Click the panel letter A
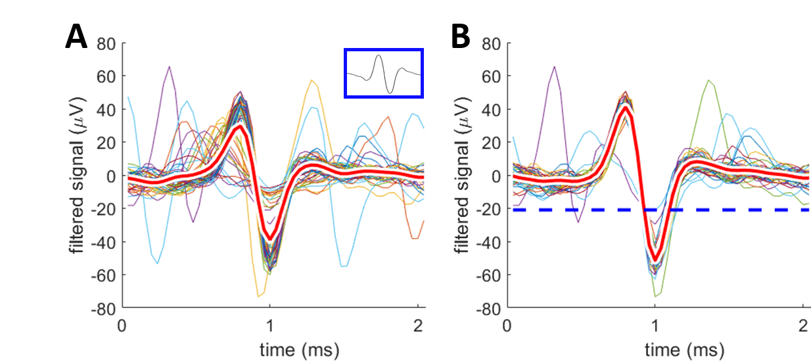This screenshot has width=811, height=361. coord(76,38)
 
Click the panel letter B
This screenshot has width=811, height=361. coord(460,38)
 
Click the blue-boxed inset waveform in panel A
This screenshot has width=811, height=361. coord(384,73)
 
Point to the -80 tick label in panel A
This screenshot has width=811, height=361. coord(106,308)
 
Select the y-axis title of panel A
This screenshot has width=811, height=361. coord(79,176)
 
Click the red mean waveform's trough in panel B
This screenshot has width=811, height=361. coord(655,257)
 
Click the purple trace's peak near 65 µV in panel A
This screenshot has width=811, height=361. coord(170,67)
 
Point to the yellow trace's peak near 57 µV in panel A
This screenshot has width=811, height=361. coord(312,81)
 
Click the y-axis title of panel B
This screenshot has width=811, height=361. coord(464,176)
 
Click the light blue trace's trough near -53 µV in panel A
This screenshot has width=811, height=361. coord(158,263)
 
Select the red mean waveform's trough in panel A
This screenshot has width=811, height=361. coord(269,237)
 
